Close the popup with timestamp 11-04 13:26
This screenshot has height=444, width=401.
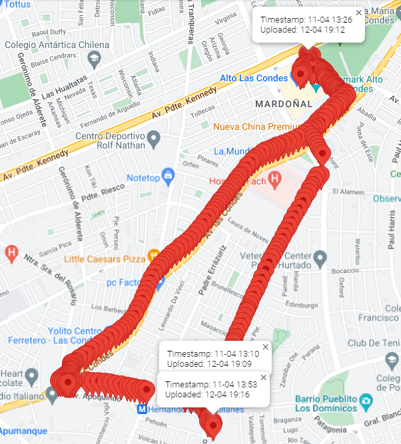(359, 13)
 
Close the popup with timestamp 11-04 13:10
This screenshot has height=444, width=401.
(265, 347)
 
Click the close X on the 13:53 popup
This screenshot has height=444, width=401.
(263, 377)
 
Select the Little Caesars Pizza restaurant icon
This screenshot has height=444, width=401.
(155, 254)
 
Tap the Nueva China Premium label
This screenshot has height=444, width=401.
(257, 126)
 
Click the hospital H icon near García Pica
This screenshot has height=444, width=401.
(11, 253)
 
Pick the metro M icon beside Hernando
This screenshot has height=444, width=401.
(142, 408)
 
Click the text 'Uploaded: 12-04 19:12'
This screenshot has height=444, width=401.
(302, 30)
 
